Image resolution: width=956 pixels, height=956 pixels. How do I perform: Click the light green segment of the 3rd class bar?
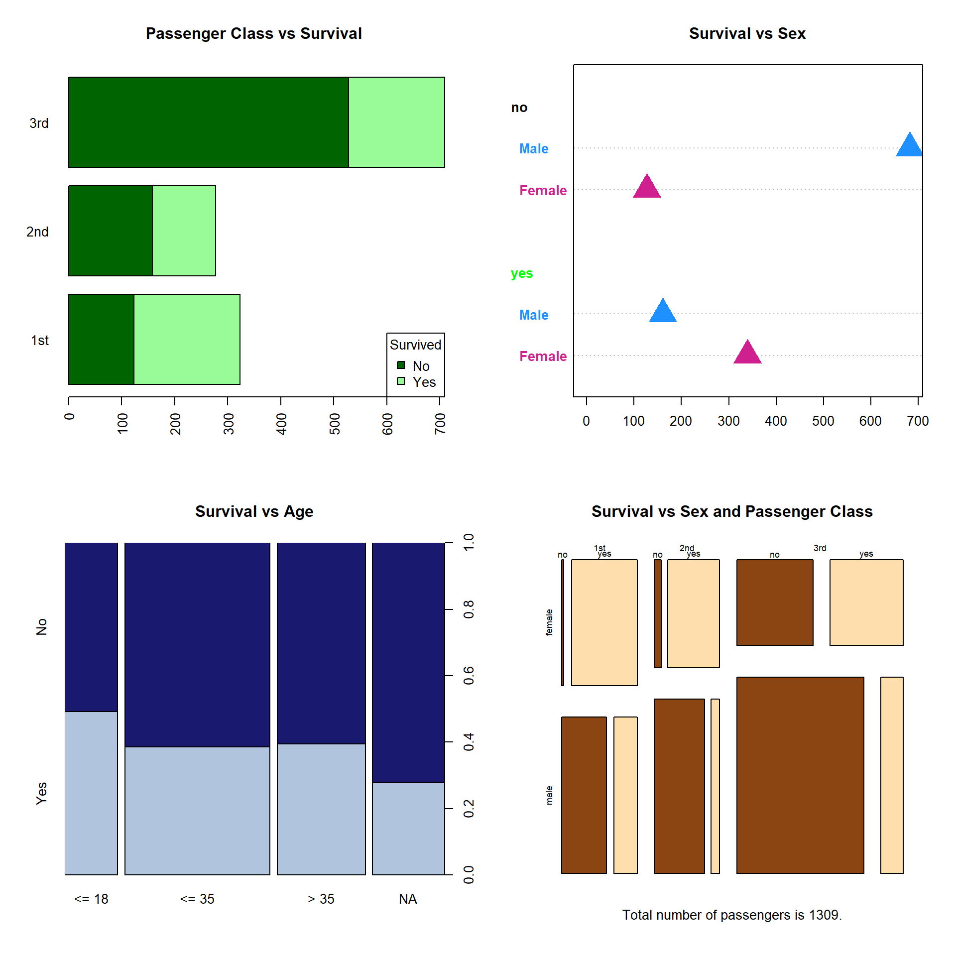pos(396,122)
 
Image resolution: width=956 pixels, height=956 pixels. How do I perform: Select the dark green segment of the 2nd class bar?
pos(111,231)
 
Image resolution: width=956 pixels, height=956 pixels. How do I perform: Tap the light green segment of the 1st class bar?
pos(187,339)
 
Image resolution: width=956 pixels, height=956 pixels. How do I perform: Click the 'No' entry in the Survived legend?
pos(421,366)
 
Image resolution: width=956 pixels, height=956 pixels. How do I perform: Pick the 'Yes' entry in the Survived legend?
pos(424,382)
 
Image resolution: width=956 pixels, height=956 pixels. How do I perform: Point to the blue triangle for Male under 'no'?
pos(909,145)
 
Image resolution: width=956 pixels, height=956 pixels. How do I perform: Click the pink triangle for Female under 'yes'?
pos(747,353)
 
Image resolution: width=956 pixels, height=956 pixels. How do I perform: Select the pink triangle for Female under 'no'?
pos(647,187)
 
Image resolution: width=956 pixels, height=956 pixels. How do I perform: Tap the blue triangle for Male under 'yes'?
pos(663,312)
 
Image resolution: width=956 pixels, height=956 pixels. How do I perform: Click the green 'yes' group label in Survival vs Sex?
pos(521,273)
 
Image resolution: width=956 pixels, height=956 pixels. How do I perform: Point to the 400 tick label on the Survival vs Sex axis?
pos(776,421)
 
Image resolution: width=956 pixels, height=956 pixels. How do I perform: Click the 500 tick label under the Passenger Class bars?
pos(335,423)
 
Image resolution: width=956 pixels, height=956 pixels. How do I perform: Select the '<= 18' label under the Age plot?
pos(91,899)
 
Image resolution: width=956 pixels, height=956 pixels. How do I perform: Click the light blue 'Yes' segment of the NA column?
pos(408,829)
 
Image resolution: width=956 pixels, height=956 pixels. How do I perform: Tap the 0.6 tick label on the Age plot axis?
pos(469,676)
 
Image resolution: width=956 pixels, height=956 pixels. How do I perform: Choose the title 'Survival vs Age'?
pos(254,511)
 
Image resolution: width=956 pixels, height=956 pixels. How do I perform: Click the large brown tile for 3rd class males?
pos(800,775)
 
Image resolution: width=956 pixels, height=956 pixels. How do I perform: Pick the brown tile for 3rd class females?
pos(775,602)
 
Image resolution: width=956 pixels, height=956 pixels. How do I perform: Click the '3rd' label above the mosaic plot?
pos(820,548)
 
